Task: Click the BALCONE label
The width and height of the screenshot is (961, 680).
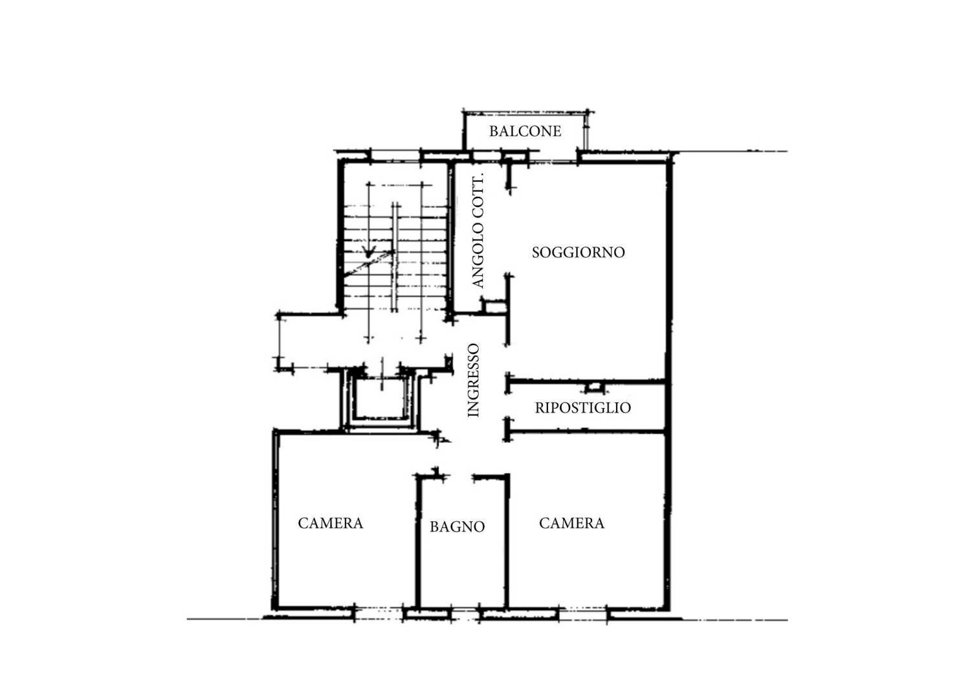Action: coord(525,131)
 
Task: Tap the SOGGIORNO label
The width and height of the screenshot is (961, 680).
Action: coord(578,253)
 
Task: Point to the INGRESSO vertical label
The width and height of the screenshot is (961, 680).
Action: coord(474,380)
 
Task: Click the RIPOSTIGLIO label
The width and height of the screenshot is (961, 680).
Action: coord(582,408)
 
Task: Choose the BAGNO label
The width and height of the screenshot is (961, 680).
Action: coord(457,527)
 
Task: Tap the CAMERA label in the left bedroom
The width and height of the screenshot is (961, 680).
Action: coord(330,523)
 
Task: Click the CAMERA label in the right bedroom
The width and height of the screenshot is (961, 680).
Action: coord(571,523)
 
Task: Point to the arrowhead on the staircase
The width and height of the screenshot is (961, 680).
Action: coord(370,253)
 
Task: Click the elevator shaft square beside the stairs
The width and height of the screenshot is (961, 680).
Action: coord(381,400)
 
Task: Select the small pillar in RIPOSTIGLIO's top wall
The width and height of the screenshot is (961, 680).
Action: coord(593,387)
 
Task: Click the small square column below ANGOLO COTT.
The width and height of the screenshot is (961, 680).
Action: coord(494,306)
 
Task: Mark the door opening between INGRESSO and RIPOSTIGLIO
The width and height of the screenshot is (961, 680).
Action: coord(508,406)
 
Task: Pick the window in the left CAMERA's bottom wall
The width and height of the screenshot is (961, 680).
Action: coord(379,612)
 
